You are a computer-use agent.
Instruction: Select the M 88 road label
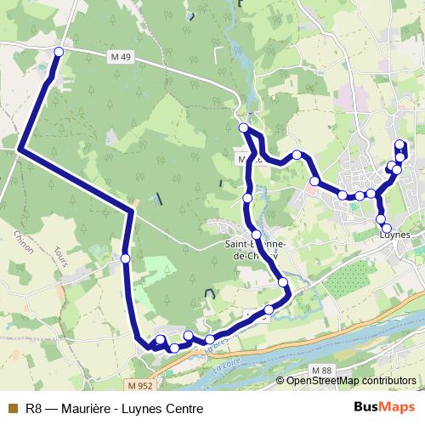321,371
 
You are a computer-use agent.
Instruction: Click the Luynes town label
393,235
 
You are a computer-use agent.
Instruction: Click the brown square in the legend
12,408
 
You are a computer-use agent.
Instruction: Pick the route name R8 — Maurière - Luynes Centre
114,408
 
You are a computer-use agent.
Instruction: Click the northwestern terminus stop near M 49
59,53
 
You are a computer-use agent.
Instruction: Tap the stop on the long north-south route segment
125,258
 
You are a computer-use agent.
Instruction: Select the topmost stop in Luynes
400,144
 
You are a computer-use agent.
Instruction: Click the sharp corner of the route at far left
19,150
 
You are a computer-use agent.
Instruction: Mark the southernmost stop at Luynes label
387,228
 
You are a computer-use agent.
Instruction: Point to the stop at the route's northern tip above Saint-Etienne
244,127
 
